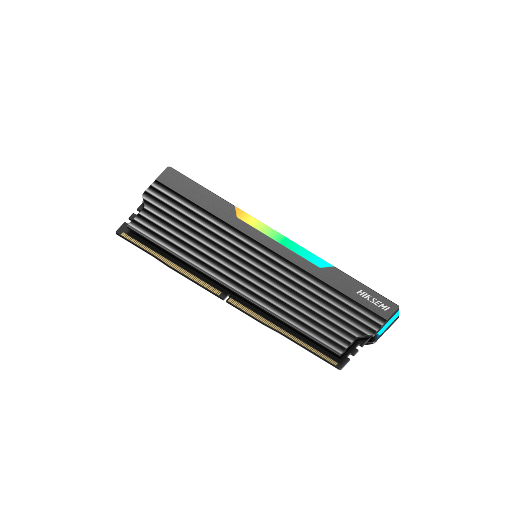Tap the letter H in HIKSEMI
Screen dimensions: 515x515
pos(359,292)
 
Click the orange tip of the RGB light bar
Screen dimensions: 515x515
pos(238,211)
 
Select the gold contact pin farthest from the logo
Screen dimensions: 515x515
pos(122,234)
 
